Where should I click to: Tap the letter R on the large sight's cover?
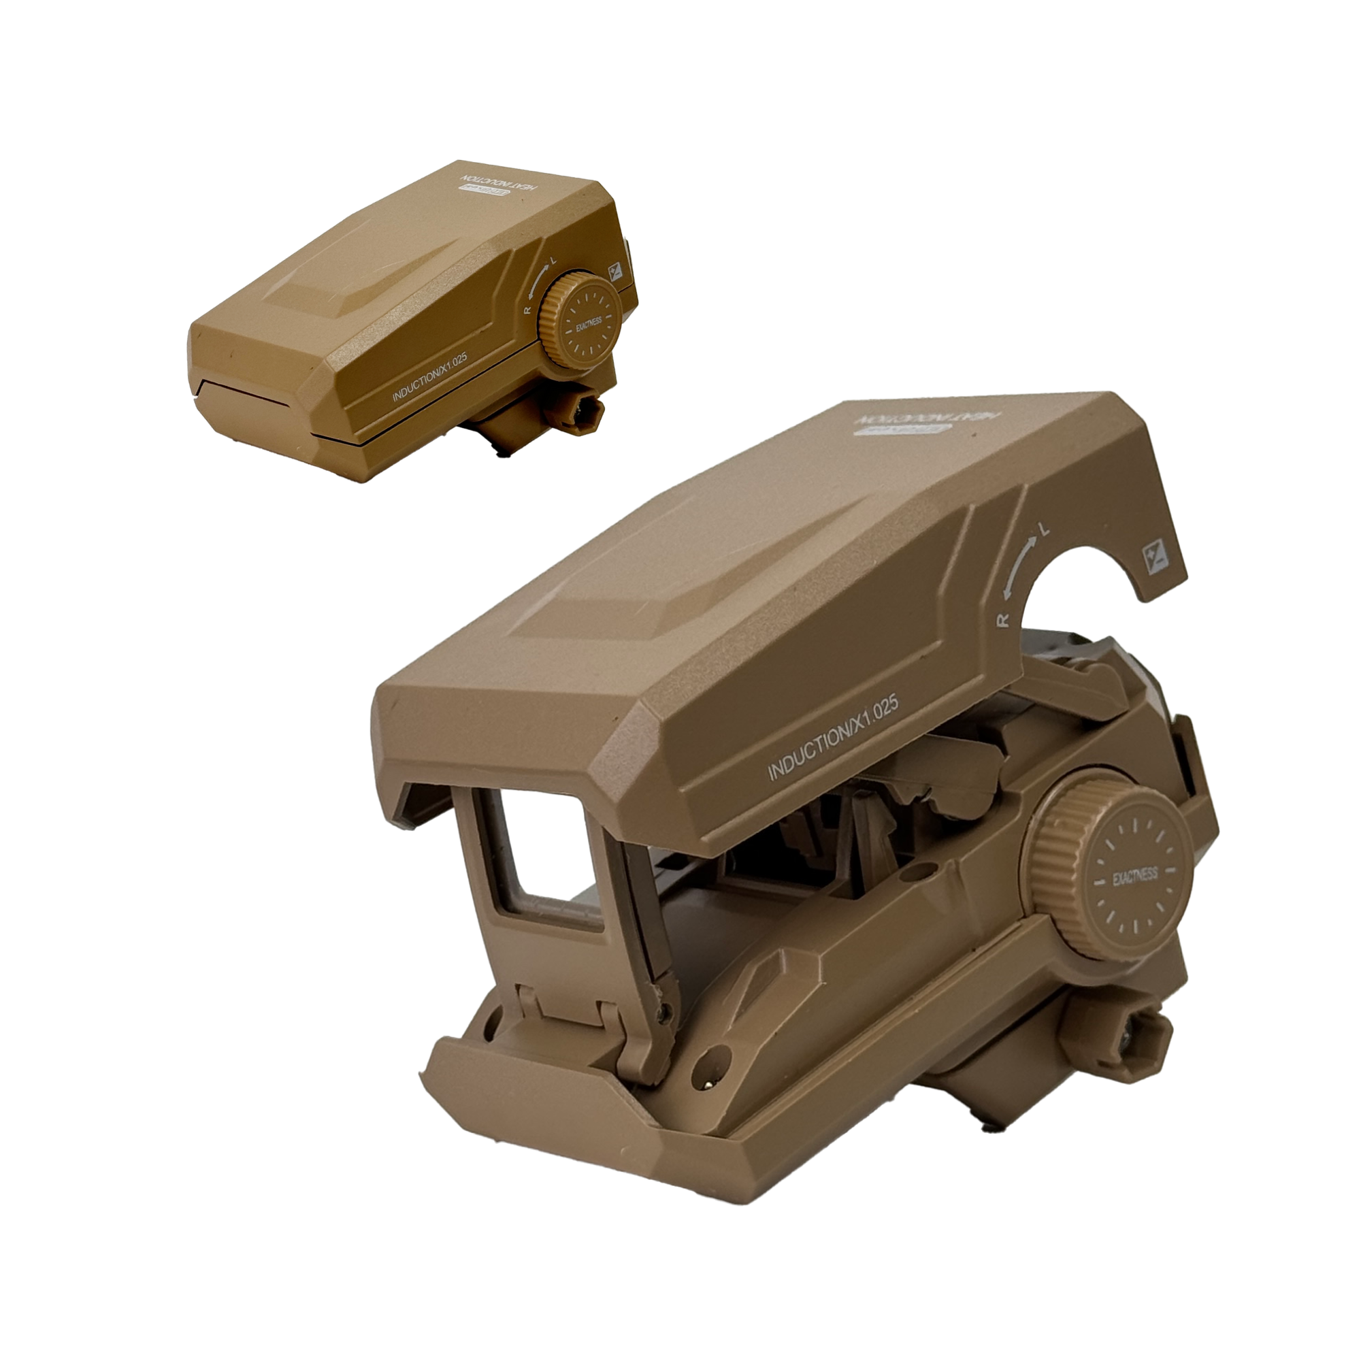(x=1004, y=619)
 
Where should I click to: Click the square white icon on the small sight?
(x=614, y=272)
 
